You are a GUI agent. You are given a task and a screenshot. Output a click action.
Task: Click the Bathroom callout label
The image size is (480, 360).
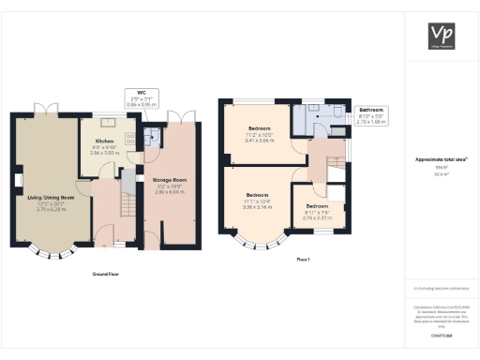371,113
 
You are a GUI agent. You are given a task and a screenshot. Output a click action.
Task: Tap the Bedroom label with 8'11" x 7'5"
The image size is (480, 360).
316,211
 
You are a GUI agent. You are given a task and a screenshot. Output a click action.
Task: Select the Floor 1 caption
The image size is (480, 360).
302,258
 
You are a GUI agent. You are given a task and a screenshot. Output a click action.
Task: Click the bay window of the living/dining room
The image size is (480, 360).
53,249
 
